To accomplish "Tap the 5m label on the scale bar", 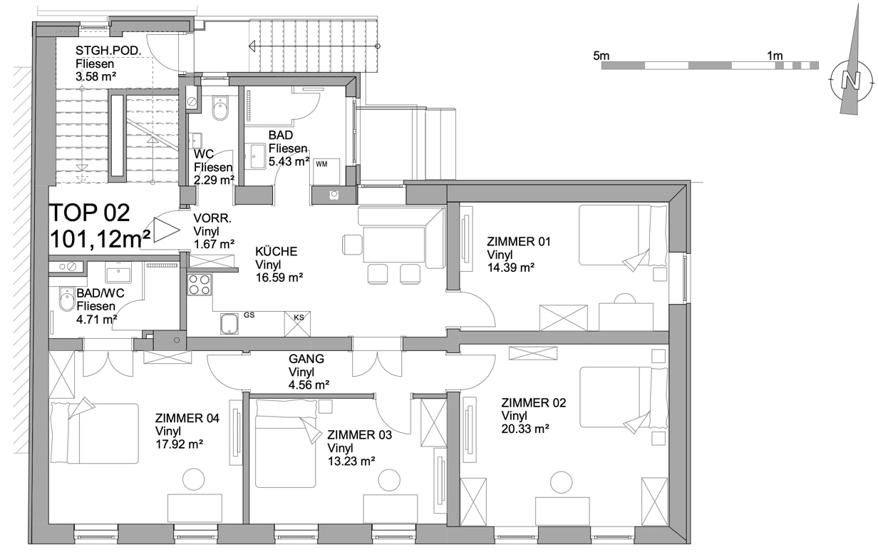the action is click(x=601, y=56).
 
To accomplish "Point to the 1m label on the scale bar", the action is click(x=775, y=56).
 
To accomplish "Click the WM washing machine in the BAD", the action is click(x=326, y=171).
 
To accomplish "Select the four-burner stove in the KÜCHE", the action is click(x=200, y=285).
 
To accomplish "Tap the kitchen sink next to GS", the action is click(x=229, y=324).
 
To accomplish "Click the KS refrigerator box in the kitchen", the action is click(x=297, y=324).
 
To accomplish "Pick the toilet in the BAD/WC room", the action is click(x=67, y=299).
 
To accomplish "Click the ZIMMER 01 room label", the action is click(x=519, y=242).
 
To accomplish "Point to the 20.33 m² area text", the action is click(x=525, y=429).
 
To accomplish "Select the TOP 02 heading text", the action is click(x=89, y=213).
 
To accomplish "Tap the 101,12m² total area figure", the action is click(x=100, y=239).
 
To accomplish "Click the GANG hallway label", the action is click(x=306, y=359).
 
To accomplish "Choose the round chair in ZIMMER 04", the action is click(x=194, y=479).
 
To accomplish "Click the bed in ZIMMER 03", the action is click(x=285, y=444).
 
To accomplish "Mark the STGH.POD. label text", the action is click(x=108, y=51).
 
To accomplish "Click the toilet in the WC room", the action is click(x=220, y=108).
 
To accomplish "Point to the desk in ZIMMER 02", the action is click(x=562, y=511).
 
